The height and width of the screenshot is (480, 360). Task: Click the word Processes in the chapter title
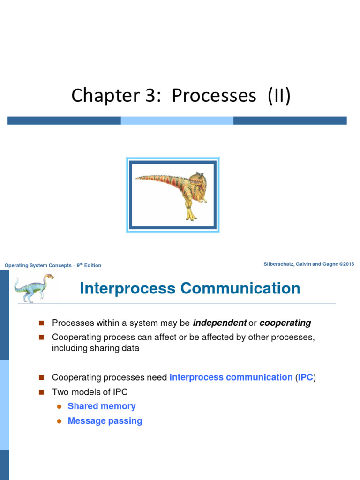pos(214,96)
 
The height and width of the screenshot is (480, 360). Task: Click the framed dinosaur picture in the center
pos(173,195)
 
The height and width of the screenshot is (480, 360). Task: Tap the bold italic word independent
pos(220,323)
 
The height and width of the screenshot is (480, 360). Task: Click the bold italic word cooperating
pos(285,323)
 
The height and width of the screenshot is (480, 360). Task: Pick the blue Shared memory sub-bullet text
pos(102,406)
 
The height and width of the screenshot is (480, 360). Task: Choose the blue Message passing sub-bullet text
pos(105,421)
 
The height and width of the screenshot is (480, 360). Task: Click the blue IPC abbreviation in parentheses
pos(306,377)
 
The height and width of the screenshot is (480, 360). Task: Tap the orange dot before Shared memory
pos(59,407)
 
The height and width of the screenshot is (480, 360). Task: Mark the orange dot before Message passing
pos(59,421)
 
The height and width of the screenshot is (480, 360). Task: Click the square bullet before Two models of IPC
pos(41,392)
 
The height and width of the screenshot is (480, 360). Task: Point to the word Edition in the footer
pos(92,266)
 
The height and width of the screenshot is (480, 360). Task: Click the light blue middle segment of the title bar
pos(177,120)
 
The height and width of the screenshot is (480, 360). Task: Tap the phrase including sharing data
pos(96,348)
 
